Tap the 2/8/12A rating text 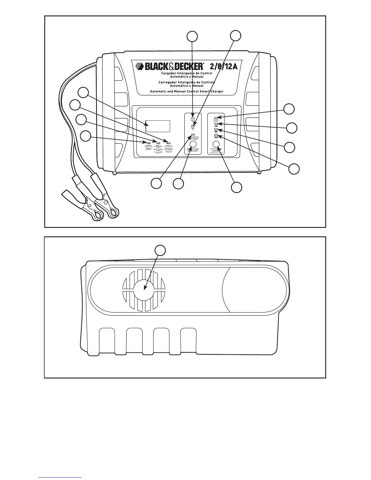point(223,66)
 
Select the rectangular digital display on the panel point(158,126)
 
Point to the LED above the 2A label point(216,124)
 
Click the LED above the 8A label point(216,129)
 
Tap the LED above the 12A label point(216,135)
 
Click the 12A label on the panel point(216,137)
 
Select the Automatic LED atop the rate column point(216,118)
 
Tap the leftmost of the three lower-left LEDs point(149,142)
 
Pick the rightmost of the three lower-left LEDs point(169,142)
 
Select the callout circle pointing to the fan point(160,250)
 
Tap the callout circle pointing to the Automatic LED point(289,109)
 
